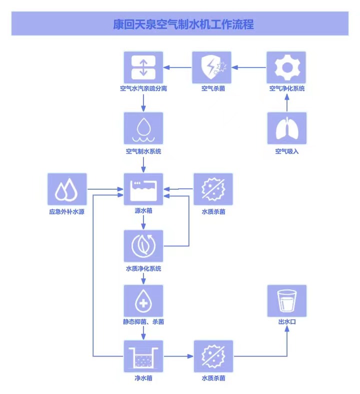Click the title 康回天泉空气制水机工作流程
(180, 24)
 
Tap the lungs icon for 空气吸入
(286, 129)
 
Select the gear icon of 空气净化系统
(286, 67)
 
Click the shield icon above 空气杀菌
(212, 67)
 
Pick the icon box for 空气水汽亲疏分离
(143, 67)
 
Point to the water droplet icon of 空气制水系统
(143, 129)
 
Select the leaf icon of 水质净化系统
(143, 246)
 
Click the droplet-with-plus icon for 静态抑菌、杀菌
(143, 301)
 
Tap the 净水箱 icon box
(143, 356)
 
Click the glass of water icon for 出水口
(286, 301)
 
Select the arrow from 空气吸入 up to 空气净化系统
(286, 102)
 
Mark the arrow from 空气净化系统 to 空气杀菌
(249, 67)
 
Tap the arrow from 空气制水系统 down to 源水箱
(143, 164)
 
